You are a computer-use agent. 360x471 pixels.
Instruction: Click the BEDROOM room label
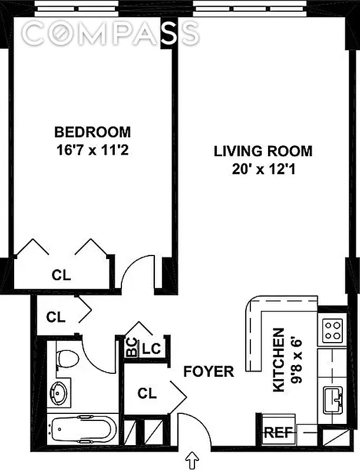(93, 132)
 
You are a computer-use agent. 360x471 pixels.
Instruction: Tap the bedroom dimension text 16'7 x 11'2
(93, 150)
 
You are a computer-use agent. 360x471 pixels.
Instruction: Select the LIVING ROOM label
(263, 151)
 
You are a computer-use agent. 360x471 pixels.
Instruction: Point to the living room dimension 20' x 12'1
(263, 170)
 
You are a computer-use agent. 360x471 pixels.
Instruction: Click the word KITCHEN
(279, 360)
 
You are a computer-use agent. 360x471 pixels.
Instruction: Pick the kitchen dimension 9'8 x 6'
(296, 360)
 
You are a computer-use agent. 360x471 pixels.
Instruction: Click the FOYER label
(209, 372)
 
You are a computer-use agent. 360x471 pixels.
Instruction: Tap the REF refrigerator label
(278, 433)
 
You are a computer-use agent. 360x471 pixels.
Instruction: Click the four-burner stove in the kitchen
(332, 330)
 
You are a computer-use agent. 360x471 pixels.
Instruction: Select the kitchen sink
(333, 400)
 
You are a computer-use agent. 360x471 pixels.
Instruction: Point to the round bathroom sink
(59, 393)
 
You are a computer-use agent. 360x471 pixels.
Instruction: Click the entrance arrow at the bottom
(192, 461)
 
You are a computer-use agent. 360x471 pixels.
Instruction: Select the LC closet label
(151, 349)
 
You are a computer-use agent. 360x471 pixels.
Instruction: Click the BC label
(131, 347)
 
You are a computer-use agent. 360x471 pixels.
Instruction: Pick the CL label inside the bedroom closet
(61, 274)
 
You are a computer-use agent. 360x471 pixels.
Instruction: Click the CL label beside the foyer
(147, 393)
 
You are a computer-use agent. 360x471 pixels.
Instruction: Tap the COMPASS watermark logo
(111, 32)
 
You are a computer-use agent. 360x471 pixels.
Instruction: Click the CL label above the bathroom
(56, 317)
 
